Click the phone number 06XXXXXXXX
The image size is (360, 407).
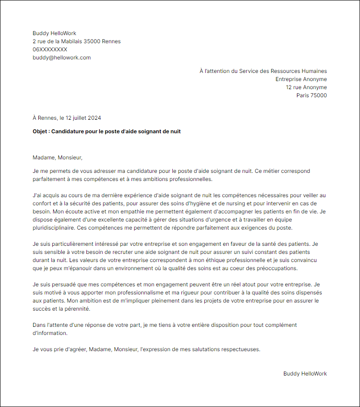(x=50, y=50)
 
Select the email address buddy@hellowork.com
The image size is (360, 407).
(x=62, y=58)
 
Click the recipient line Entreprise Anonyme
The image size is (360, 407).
(x=301, y=79)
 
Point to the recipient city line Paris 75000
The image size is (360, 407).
(x=311, y=95)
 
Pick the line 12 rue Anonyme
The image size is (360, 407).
(x=306, y=87)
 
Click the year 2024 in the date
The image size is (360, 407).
(x=94, y=118)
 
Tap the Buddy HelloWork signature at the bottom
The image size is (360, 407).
(x=305, y=374)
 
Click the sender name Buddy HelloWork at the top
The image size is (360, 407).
(x=54, y=33)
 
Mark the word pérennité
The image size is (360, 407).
(x=79, y=309)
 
